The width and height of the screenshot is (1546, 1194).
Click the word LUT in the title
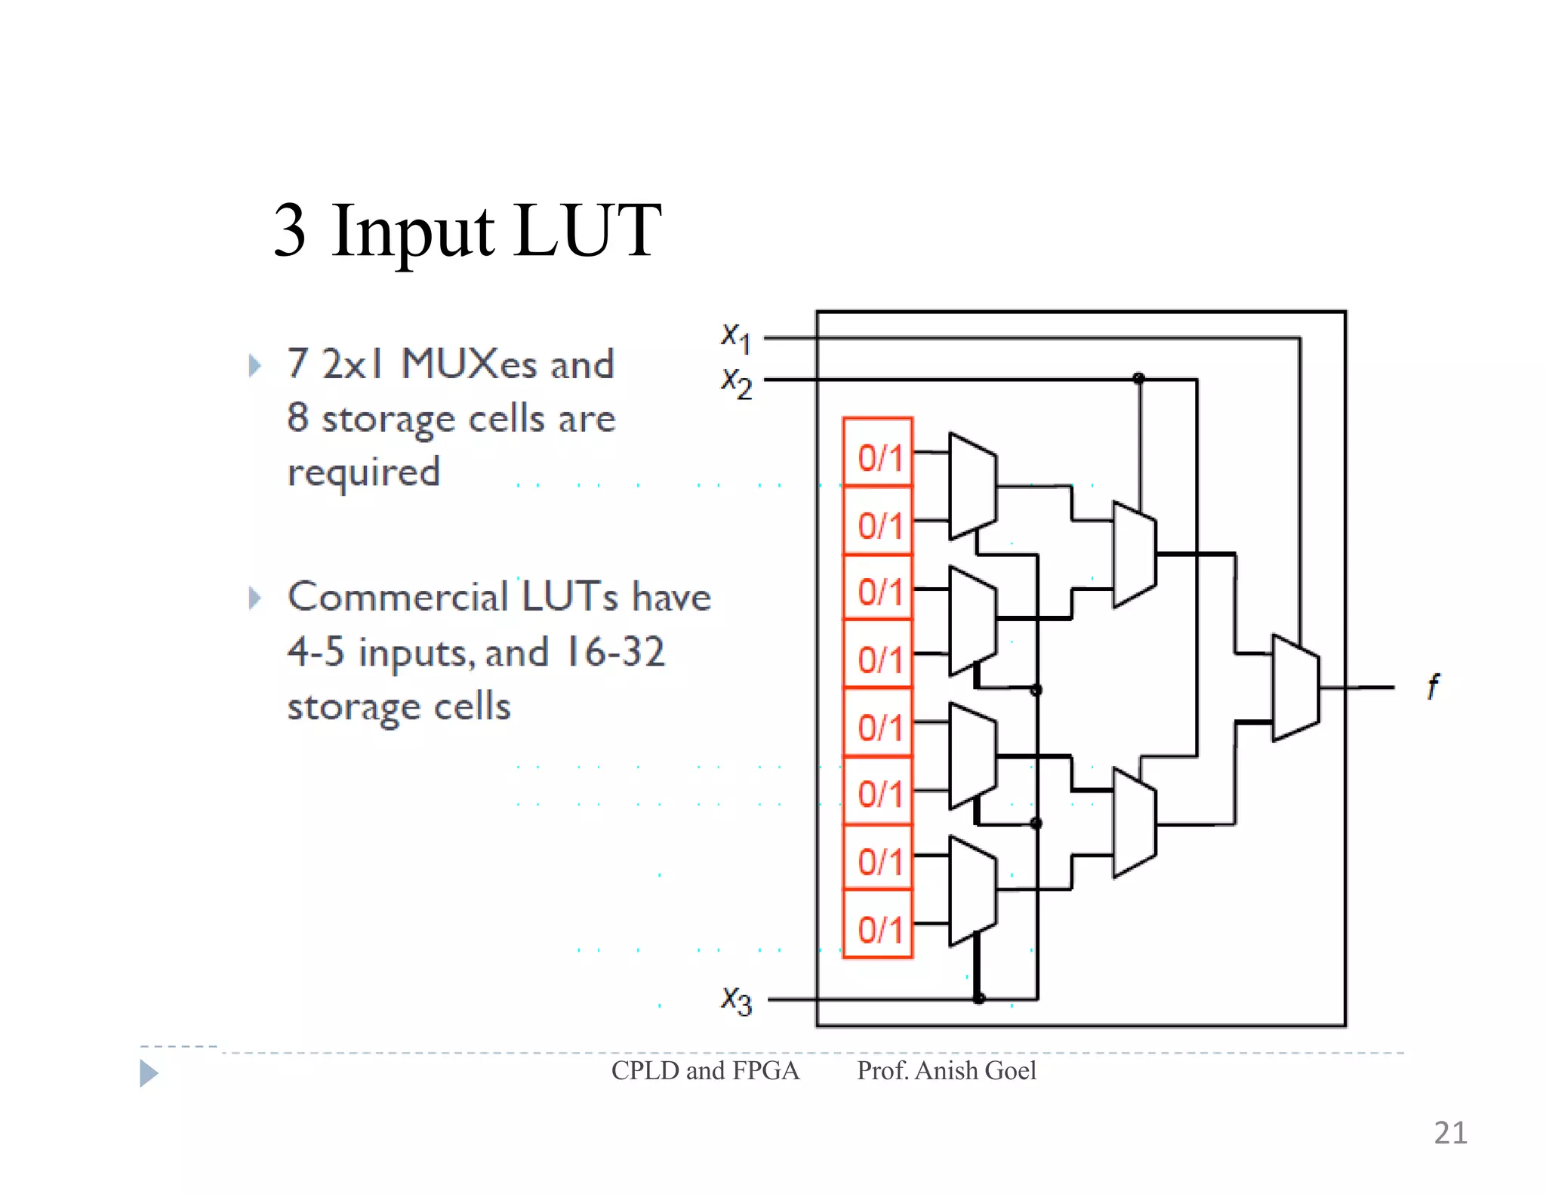[587, 231]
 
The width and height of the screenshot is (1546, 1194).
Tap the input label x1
[735, 337]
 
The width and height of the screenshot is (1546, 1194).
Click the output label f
[1433, 687]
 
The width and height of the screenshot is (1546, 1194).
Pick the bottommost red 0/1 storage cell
[878, 925]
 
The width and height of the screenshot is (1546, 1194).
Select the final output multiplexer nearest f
[1295, 688]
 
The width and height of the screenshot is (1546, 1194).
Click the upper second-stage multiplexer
[1134, 555]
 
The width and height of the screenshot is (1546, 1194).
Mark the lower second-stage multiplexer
[1134, 823]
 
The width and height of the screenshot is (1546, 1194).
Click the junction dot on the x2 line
[1139, 378]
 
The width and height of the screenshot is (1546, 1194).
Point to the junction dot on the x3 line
[979, 998]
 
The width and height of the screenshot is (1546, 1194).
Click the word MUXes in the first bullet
[469, 365]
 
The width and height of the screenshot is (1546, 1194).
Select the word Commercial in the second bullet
[398, 597]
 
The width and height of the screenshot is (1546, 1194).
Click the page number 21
[1450, 1133]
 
